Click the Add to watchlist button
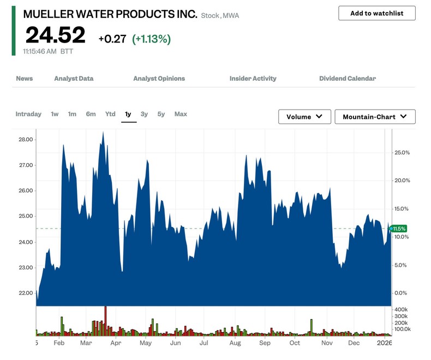(x=376, y=13)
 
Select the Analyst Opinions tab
(x=159, y=79)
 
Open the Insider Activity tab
(x=253, y=79)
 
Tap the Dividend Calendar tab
(x=348, y=79)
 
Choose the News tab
(x=24, y=79)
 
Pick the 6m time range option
(x=91, y=114)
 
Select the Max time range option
(x=181, y=114)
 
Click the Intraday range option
(x=28, y=114)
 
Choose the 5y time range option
(x=161, y=114)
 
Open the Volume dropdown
(x=304, y=117)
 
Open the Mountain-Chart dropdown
(x=375, y=117)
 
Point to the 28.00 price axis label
(x=26, y=140)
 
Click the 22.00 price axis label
(x=26, y=293)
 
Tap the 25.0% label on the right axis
(x=402, y=153)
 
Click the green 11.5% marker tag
(x=399, y=229)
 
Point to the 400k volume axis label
(x=401, y=309)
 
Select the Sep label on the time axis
(x=265, y=343)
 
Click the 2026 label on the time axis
(x=385, y=343)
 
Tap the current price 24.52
(x=55, y=35)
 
